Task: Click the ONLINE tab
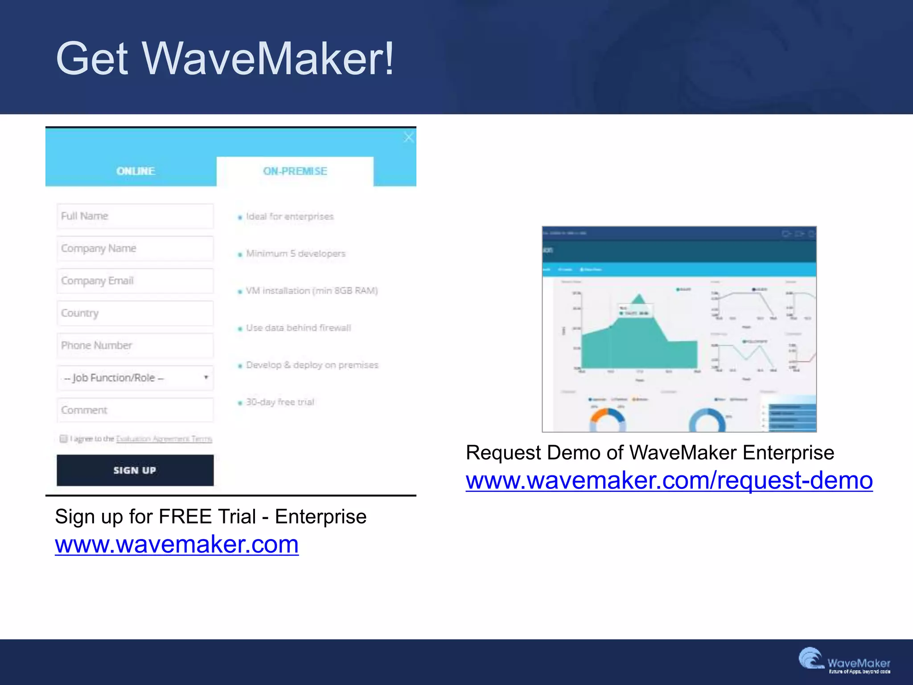tap(136, 171)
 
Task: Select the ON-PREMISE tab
tap(295, 171)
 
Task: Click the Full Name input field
tap(135, 216)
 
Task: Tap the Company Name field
tap(135, 248)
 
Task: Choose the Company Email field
tap(135, 281)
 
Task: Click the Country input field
tap(135, 313)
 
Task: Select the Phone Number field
tap(135, 346)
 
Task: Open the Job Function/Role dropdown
tap(135, 378)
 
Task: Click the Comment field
tap(135, 410)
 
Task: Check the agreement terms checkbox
tap(63, 439)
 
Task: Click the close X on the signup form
tap(408, 137)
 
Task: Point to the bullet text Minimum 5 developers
tap(296, 254)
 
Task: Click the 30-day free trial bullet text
tap(280, 402)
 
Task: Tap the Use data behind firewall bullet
tap(298, 328)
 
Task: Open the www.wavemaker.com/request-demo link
tap(669, 481)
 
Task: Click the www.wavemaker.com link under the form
tap(177, 545)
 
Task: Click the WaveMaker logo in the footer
tap(843, 661)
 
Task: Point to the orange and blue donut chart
tap(607, 421)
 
